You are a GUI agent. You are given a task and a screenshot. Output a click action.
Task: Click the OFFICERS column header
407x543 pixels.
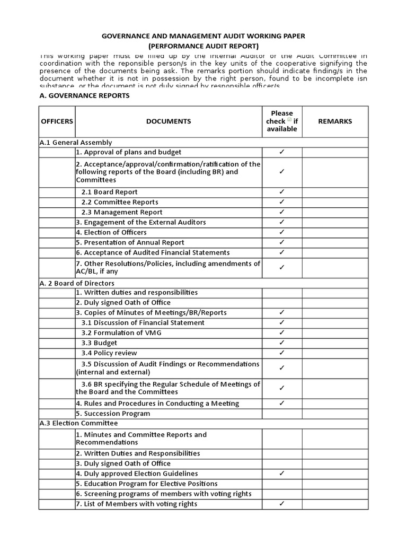57,121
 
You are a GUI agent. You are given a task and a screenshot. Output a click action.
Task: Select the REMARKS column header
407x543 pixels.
334,121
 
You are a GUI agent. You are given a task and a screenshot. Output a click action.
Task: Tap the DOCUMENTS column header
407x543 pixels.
169,121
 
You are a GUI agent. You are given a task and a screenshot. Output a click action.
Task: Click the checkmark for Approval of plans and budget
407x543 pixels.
282,152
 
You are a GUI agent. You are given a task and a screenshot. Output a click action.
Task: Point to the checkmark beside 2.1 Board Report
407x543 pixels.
282,192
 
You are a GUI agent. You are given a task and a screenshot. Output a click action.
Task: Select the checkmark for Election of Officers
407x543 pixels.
282,232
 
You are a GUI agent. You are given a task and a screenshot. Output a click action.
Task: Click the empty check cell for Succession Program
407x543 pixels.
282,414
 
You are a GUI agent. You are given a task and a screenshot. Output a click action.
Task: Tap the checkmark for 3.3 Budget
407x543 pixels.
282,343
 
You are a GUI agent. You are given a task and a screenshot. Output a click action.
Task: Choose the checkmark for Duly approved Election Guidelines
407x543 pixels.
282,474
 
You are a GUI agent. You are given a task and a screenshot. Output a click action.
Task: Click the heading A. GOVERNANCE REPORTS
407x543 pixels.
84,96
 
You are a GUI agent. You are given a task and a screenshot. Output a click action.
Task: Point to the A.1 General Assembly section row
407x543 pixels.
75,143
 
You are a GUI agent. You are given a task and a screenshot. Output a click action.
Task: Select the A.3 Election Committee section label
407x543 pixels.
78,423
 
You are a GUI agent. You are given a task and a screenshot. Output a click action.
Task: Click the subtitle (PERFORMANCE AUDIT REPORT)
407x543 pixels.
203,46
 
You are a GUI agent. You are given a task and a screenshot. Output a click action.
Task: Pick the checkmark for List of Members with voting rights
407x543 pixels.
282,504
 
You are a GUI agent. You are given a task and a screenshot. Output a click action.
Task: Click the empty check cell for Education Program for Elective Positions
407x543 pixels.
282,484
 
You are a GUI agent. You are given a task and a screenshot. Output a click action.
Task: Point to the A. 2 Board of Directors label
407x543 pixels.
77,283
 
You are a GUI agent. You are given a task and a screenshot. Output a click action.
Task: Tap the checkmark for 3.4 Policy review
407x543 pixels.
282,353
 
